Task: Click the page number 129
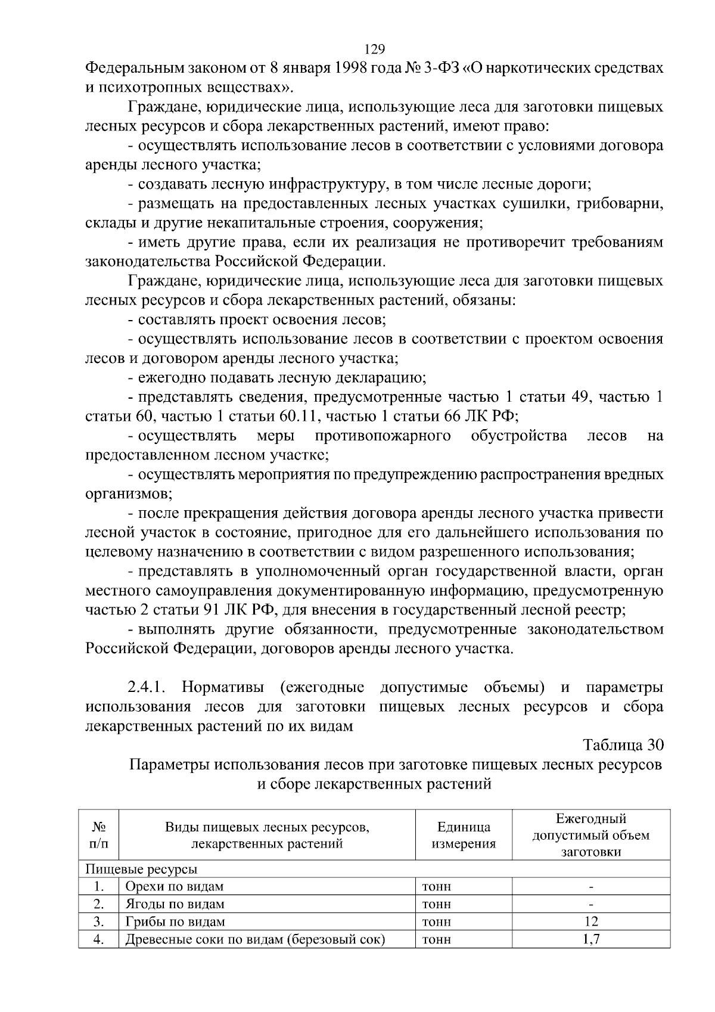(374, 49)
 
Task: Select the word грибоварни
(621, 204)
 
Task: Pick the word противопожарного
(383, 436)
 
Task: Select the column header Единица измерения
(464, 835)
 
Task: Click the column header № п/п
(99, 835)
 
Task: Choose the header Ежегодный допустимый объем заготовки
(590, 835)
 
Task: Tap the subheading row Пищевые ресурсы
(142, 868)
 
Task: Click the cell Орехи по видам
(174, 886)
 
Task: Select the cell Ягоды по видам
(175, 904)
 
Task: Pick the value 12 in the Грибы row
(590, 921)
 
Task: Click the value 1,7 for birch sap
(590, 939)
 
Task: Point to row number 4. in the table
(99, 940)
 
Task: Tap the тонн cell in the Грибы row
(436, 922)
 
